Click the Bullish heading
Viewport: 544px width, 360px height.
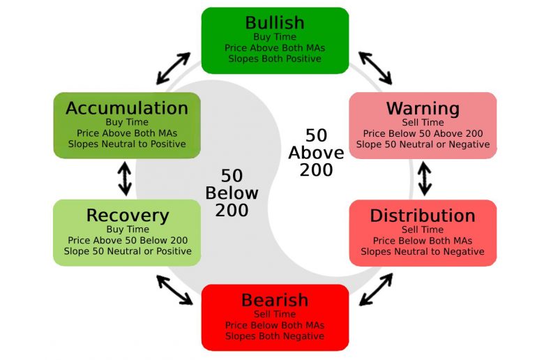pos(275,23)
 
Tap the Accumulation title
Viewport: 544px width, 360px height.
pos(127,108)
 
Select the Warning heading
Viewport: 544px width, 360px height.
pos(423,109)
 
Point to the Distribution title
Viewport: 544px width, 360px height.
pos(423,216)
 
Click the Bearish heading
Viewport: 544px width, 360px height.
pos(275,300)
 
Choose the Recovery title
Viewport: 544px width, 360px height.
pos(128,216)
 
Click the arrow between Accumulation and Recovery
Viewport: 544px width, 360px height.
pos(125,179)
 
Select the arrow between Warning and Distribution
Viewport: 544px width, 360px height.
pos(425,179)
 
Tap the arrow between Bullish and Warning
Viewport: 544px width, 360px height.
pos(375,68)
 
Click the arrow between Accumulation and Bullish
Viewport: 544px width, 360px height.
pos(173,68)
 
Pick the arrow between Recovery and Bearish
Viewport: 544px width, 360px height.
pos(174,290)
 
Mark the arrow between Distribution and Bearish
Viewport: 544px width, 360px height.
pos(376,290)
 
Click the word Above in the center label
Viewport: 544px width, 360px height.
pos(316,152)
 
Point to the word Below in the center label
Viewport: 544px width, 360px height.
pos(232,193)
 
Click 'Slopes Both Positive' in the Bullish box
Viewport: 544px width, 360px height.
pos(275,59)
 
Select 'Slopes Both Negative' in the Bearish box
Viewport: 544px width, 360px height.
pos(275,336)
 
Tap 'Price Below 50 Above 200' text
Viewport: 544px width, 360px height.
pos(423,133)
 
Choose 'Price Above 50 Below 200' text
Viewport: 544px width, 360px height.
pos(128,240)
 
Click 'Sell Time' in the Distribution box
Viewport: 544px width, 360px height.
pos(423,230)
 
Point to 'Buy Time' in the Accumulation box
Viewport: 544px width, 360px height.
pos(127,122)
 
